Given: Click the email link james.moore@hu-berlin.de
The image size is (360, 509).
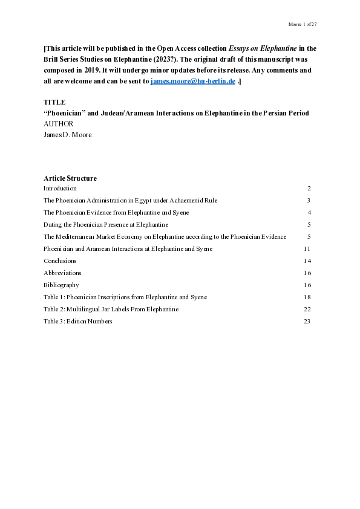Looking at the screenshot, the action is click(x=193, y=81).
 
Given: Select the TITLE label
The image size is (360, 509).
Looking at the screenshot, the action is click(x=54, y=102).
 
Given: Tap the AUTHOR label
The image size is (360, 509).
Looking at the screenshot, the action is click(x=58, y=123).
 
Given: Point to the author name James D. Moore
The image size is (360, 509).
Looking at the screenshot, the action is click(x=68, y=134).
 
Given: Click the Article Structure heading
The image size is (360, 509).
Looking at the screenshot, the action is click(x=70, y=178).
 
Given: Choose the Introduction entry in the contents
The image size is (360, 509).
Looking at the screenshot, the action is click(x=60, y=188).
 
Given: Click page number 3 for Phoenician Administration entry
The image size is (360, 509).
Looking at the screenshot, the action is click(x=309, y=200).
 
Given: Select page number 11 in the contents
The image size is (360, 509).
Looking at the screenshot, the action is click(x=307, y=248).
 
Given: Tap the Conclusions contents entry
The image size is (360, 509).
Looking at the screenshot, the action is click(x=60, y=261).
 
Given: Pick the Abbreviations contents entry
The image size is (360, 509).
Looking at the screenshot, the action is click(x=62, y=273).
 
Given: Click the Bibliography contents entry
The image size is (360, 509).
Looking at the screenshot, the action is click(x=61, y=285).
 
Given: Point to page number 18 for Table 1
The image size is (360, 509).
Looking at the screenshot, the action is click(x=307, y=297).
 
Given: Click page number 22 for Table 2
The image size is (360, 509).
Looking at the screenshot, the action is click(x=307, y=309).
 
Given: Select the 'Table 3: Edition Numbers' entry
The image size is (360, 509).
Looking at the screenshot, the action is click(x=78, y=321).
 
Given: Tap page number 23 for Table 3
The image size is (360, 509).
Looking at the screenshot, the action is click(x=307, y=321).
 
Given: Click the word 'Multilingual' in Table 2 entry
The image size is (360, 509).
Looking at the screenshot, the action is click(x=83, y=309).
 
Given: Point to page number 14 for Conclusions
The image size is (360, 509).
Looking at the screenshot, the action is click(x=307, y=261).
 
